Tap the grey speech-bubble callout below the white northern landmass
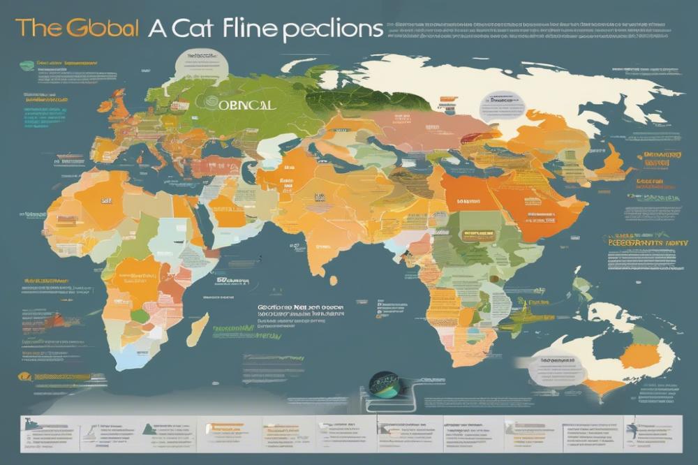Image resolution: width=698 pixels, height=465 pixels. [x=500, y=105]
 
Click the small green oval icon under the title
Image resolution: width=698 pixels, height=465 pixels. [x=26, y=62]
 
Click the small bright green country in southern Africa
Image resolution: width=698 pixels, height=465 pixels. [x=140, y=316]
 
